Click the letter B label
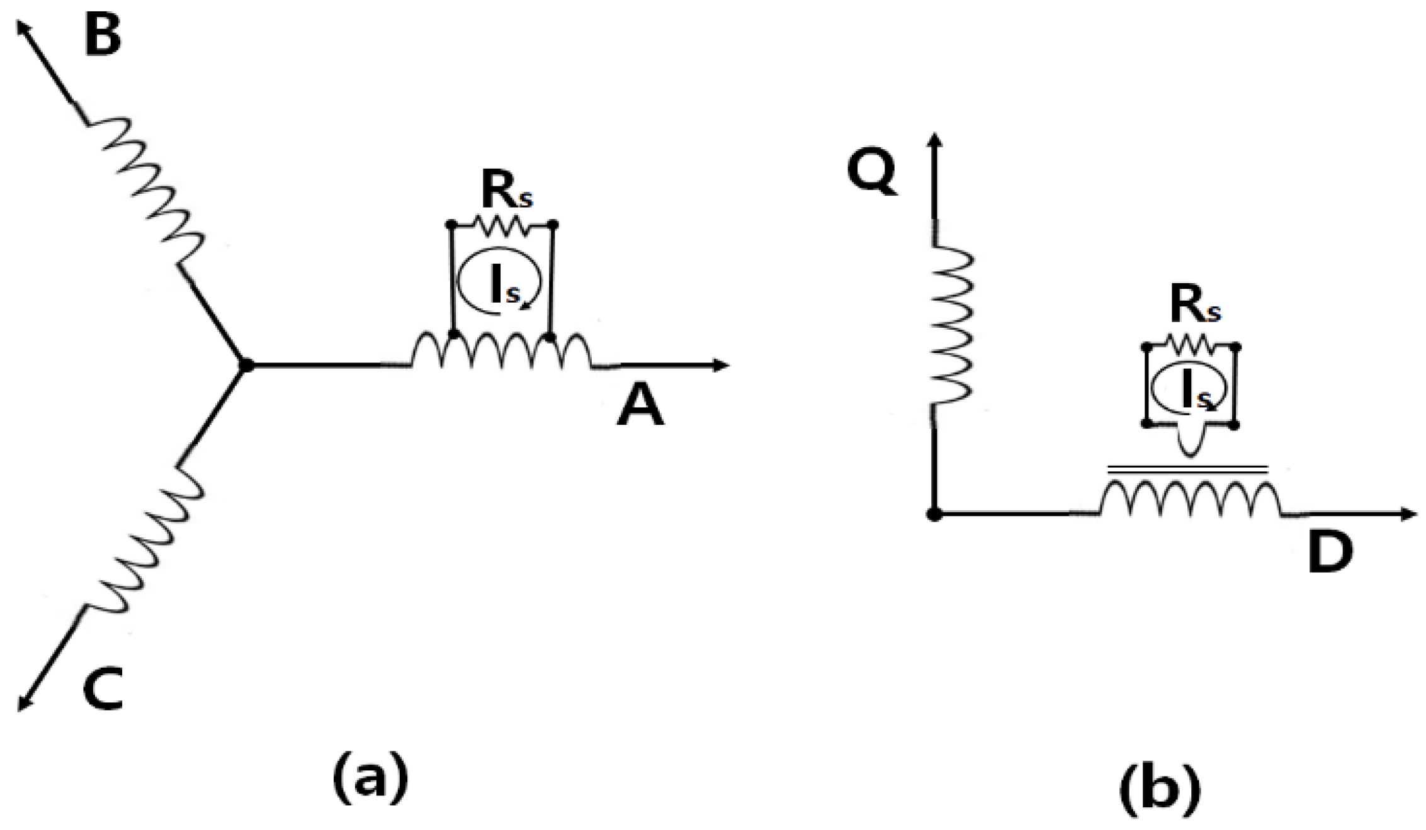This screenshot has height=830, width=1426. click(x=103, y=36)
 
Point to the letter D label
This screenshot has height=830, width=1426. click(x=1329, y=552)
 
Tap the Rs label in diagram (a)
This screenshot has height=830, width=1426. click(x=506, y=191)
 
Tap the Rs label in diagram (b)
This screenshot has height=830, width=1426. click(x=1195, y=306)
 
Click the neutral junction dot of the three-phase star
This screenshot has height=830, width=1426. click(x=246, y=365)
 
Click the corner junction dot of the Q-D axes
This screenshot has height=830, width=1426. click(x=934, y=514)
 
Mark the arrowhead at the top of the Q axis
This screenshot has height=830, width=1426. click(x=935, y=140)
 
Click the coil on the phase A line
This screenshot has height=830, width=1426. click(x=501, y=351)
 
